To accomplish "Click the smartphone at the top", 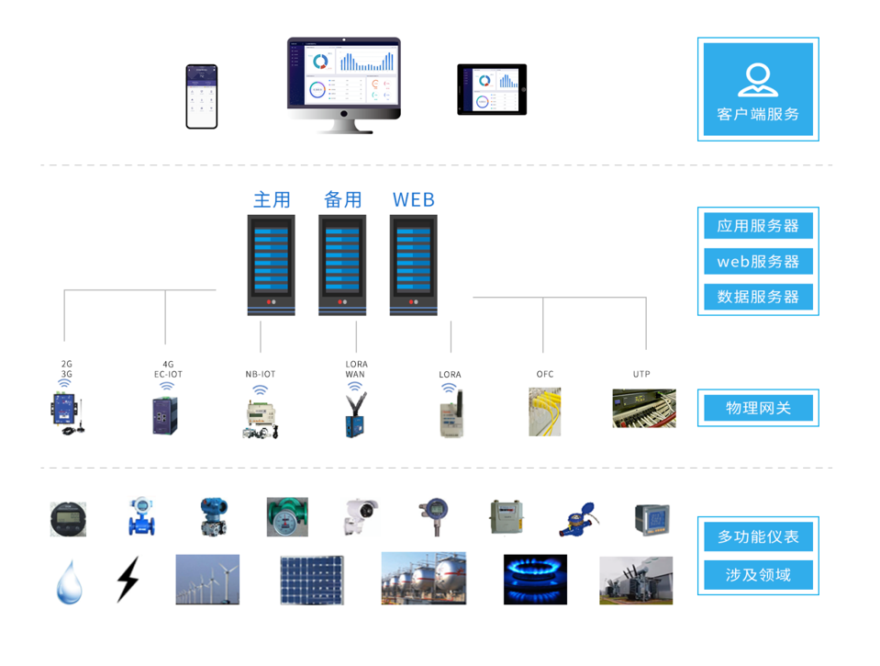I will (x=202, y=96).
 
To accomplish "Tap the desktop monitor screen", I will (x=343, y=74).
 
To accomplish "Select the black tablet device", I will (x=492, y=90).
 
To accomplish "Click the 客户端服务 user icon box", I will (x=758, y=89).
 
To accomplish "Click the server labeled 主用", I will (x=272, y=265).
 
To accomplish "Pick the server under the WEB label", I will (x=413, y=265).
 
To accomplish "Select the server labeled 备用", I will (x=342, y=265).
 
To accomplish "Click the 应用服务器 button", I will (x=758, y=226).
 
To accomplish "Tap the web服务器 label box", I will (x=758, y=262).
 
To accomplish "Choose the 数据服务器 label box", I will (x=758, y=297).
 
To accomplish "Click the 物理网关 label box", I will (x=758, y=408).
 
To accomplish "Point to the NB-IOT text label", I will (x=261, y=375).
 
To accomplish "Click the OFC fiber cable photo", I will (x=544, y=411).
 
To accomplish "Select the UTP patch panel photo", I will (x=644, y=409).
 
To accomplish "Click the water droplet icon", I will (x=70, y=581).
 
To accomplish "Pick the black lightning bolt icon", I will (x=128, y=579).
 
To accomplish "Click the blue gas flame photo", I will (x=535, y=580).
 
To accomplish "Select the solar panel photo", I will (x=312, y=580).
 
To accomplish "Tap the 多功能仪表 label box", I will (x=758, y=536).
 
